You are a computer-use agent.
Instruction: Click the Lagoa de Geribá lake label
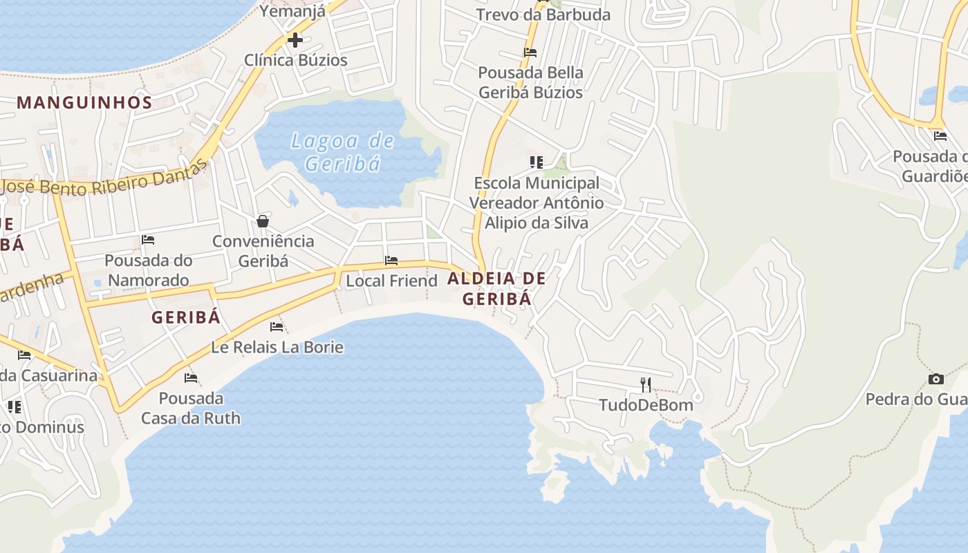(343, 153)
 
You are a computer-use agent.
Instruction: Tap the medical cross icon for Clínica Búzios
(295, 39)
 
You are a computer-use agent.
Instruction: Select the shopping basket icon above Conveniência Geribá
(263, 221)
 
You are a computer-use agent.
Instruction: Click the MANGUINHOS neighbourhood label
(84, 103)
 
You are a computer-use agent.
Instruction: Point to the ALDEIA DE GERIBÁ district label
(496, 289)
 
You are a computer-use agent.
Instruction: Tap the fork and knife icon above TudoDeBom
(646, 385)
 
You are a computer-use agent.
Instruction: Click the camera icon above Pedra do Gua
(936, 379)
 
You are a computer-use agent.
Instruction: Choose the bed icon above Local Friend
(391, 261)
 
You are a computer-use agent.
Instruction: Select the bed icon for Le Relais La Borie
(277, 326)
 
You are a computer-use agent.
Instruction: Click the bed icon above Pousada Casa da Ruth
(191, 378)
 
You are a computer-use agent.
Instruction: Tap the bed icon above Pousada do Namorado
(148, 240)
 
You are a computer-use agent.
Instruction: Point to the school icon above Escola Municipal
(536, 162)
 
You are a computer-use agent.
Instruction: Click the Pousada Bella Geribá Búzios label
(531, 82)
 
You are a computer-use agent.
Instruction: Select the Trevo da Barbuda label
(543, 15)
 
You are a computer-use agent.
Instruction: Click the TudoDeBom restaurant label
(646, 405)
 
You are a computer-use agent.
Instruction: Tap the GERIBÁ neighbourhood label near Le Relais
(185, 317)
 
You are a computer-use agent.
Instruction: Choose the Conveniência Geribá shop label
(263, 251)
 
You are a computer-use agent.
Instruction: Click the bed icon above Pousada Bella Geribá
(530, 53)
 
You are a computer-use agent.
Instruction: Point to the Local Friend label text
(391, 281)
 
